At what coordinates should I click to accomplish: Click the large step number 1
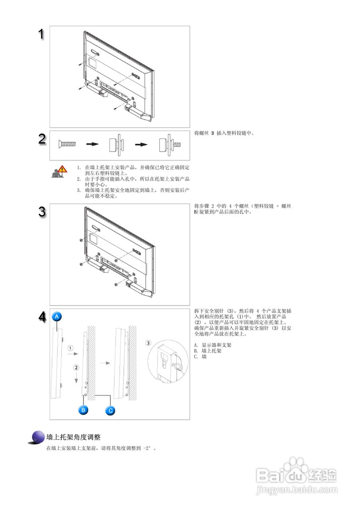tap(41, 34)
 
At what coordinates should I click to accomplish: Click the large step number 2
tap(42, 139)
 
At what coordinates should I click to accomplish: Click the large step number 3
tap(42, 212)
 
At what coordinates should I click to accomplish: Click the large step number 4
tap(43, 317)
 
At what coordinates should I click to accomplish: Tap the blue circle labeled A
tap(57, 316)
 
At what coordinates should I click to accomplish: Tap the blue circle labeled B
tap(83, 410)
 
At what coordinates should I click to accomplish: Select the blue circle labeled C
tap(110, 410)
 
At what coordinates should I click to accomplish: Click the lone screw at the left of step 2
tap(67, 144)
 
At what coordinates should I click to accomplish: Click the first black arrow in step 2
tap(92, 144)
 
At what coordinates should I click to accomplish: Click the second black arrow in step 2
tap(141, 144)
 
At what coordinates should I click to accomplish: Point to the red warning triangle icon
tap(62, 169)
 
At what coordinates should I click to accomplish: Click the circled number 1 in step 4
tap(70, 348)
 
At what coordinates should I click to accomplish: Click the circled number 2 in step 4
tap(76, 367)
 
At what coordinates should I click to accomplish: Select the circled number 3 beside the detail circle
tap(148, 343)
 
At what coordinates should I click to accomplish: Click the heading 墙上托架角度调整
tap(73, 437)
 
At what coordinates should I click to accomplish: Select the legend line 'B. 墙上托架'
tap(207, 351)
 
